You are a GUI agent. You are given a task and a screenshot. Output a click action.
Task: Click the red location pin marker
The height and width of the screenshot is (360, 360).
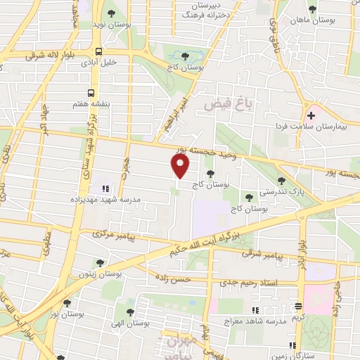[x=181, y=165]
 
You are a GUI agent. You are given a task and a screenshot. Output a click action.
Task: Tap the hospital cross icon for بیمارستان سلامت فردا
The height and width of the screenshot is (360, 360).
[x=311, y=115]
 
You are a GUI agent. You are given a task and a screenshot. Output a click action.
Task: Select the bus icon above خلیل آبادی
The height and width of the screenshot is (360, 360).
[x=99, y=51]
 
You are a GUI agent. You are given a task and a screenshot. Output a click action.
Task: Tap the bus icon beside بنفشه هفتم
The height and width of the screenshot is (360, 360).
[x=91, y=92]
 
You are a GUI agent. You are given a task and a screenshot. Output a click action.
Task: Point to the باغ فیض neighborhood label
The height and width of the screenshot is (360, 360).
[x=228, y=104]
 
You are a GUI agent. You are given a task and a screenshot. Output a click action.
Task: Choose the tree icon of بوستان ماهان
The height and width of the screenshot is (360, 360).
[x=313, y=10]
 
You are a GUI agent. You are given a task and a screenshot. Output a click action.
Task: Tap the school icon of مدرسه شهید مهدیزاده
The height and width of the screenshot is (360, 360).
[x=105, y=188]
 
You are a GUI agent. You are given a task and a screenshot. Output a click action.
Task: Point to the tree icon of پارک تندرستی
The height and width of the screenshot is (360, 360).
[x=281, y=181]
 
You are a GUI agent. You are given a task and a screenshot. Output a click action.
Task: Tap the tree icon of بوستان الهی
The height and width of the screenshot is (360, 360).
[x=130, y=309]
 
